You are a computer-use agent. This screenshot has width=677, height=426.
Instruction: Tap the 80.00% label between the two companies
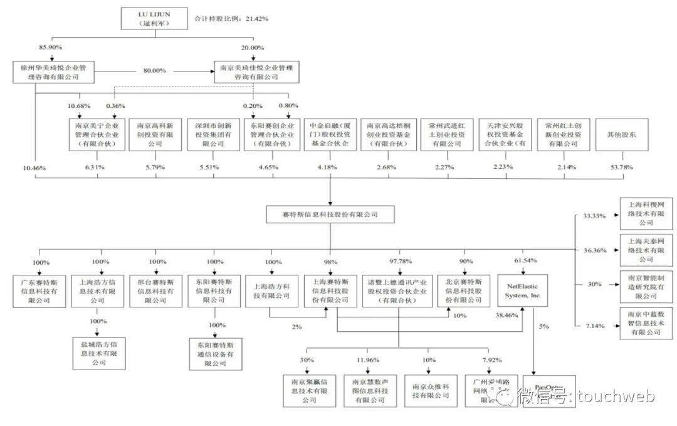point(154,71)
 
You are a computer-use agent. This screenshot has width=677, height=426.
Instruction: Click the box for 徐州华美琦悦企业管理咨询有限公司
point(53,72)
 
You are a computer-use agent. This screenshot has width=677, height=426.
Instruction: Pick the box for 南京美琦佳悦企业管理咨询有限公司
point(256,72)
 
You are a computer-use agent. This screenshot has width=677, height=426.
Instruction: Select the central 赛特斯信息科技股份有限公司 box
point(330,215)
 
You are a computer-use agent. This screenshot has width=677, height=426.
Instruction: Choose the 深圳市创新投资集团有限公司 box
point(213,134)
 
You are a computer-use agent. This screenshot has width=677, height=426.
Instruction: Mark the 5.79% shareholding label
point(154,167)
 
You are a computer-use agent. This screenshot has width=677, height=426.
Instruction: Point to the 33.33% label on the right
point(594,215)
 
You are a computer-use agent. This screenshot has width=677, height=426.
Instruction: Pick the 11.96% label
point(369,360)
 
